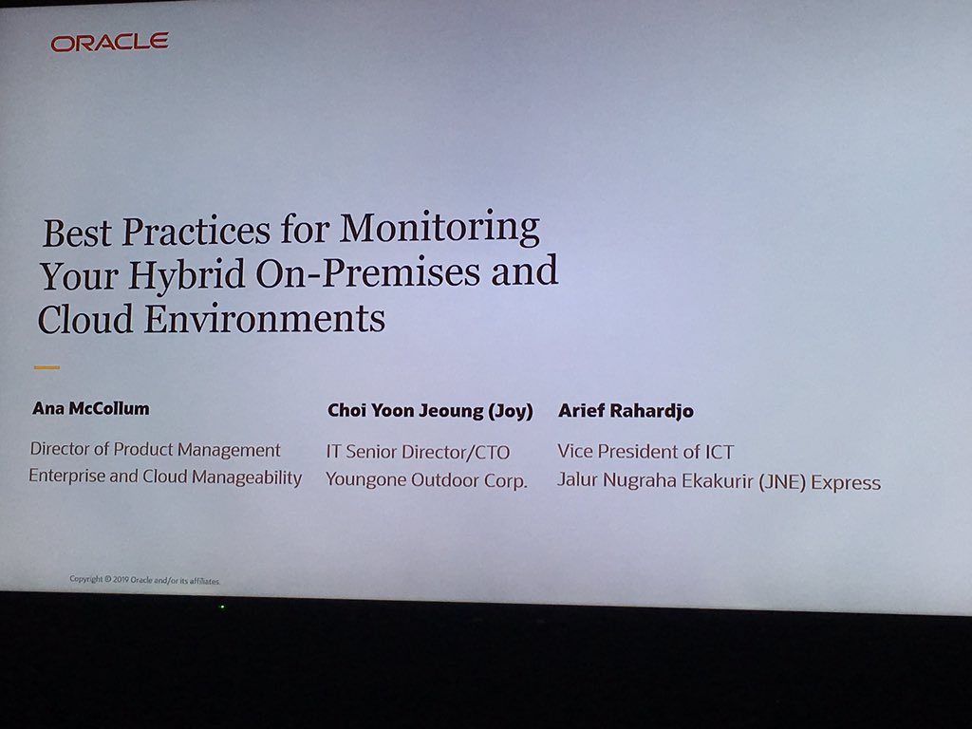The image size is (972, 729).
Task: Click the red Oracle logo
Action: coord(109,42)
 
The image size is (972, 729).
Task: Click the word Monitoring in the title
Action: coord(439,229)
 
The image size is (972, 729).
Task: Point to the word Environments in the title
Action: coord(265,318)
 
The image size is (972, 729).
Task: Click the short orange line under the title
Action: coord(47,367)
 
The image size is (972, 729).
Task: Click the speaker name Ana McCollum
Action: coord(91,409)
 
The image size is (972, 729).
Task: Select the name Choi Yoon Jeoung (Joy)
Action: coord(430,411)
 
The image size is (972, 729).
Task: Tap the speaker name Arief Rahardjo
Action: coord(626,411)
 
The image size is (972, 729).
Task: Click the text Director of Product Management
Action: coord(156,450)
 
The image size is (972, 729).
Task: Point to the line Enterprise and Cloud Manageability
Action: coord(165,477)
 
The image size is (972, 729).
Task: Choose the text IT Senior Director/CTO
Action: coord(418,452)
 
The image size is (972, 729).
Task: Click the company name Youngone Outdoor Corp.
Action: coord(426,480)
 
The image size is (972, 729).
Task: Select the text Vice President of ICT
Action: coord(645,452)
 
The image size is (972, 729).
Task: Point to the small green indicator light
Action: coord(222,607)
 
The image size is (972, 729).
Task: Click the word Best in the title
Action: coord(78,233)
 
